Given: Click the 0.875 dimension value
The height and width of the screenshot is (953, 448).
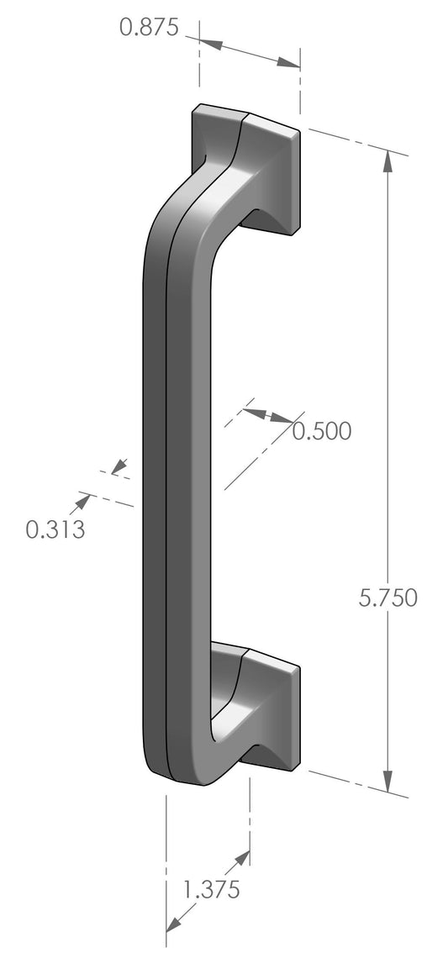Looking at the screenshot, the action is click(149, 28).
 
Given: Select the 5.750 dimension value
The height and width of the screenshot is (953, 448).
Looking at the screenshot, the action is click(387, 598).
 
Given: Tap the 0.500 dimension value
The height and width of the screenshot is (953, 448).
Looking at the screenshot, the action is click(322, 431).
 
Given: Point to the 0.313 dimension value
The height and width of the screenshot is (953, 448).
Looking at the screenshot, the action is click(55, 529).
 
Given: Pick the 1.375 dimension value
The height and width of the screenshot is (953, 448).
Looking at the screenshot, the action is click(212, 890).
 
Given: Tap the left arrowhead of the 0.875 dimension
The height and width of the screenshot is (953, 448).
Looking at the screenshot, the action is click(210, 44).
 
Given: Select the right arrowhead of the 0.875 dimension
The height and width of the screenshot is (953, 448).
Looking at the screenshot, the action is click(289, 62).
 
